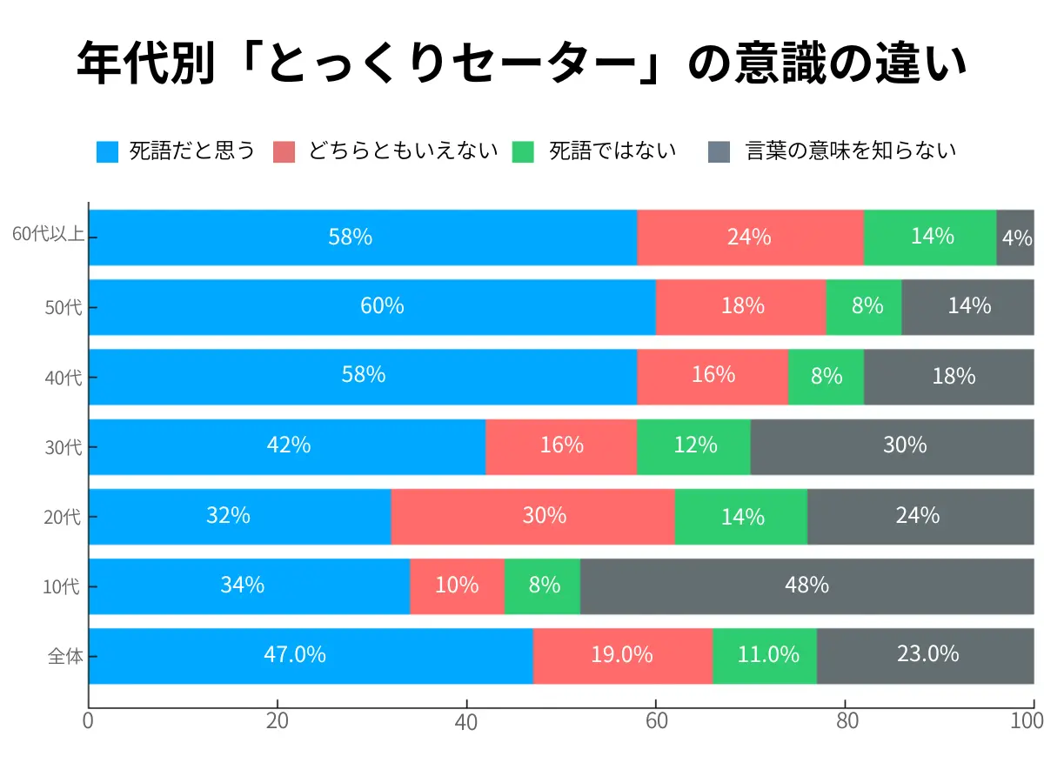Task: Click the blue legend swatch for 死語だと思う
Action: click(x=107, y=151)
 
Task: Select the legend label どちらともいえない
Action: click(x=403, y=151)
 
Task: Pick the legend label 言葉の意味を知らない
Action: click(x=851, y=151)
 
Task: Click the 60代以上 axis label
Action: click(x=47, y=236)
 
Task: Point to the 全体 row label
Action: click(x=65, y=657)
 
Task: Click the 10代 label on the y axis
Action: click(x=62, y=587)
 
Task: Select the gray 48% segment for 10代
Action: click(x=806, y=586)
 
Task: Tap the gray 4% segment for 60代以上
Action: click(x=1015, y=238)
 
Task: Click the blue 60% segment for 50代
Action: click(x=371, y=307)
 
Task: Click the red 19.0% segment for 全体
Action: click(x=622, y=655)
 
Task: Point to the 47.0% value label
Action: click(x=295, y=654)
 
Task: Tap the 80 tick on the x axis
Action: click(x=844, y=721)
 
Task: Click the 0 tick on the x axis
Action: click(x=88, y=721)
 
